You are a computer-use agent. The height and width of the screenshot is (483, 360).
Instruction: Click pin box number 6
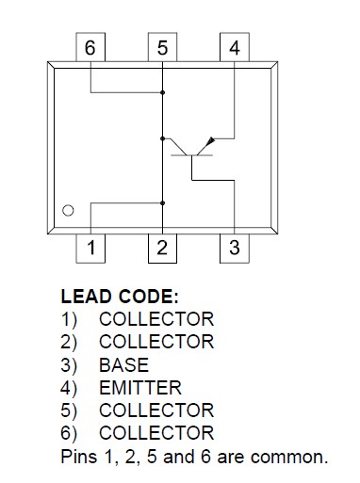coord(90,49)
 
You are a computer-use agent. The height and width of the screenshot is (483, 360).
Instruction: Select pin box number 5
coord(162,49)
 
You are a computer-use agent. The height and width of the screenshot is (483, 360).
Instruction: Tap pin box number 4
coord(234,49)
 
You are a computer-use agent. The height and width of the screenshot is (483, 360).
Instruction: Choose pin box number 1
coord(90,249)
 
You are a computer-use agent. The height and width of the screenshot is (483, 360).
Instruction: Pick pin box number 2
coord(162,249)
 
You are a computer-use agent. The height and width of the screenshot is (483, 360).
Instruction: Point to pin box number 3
coord(234,249)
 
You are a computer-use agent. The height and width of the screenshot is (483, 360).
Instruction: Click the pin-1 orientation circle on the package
coord(68,211)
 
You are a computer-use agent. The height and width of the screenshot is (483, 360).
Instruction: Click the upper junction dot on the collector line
coord(163,92)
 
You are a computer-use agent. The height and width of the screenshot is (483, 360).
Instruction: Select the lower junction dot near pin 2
coord(163,201)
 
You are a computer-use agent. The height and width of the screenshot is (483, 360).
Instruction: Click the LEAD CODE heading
coord(119,296)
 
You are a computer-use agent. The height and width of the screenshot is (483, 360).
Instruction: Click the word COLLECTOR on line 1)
coord(155,319)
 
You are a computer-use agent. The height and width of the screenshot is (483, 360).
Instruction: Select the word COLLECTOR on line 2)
coord(155,342)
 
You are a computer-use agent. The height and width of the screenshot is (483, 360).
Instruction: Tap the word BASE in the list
coord(123,364)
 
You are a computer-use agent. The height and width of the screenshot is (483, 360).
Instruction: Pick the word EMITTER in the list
coord(139,387)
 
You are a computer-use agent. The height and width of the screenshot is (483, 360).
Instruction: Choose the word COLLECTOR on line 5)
coord(155,411)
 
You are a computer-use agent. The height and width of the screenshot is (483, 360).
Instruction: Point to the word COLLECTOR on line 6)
coord(155,433)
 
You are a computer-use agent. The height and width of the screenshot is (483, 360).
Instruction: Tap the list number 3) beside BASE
coord(70,364)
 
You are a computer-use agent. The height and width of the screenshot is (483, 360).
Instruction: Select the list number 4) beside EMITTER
coord(70,387)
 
